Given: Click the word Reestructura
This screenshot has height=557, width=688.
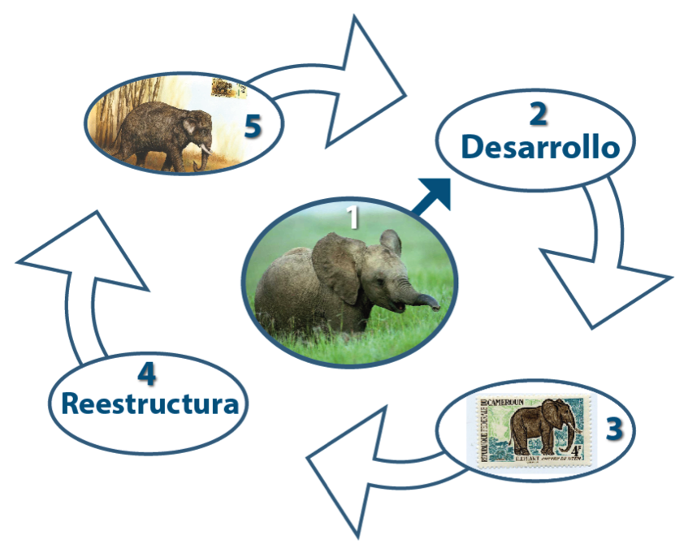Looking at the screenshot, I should (150, 404).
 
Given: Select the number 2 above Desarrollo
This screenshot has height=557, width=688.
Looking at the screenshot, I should (538, 114).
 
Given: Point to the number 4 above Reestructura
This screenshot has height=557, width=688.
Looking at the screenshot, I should (146, 373).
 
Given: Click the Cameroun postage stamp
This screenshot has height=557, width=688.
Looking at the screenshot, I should (530, 430).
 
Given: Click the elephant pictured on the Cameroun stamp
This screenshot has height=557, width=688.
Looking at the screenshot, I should (540, 430).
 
